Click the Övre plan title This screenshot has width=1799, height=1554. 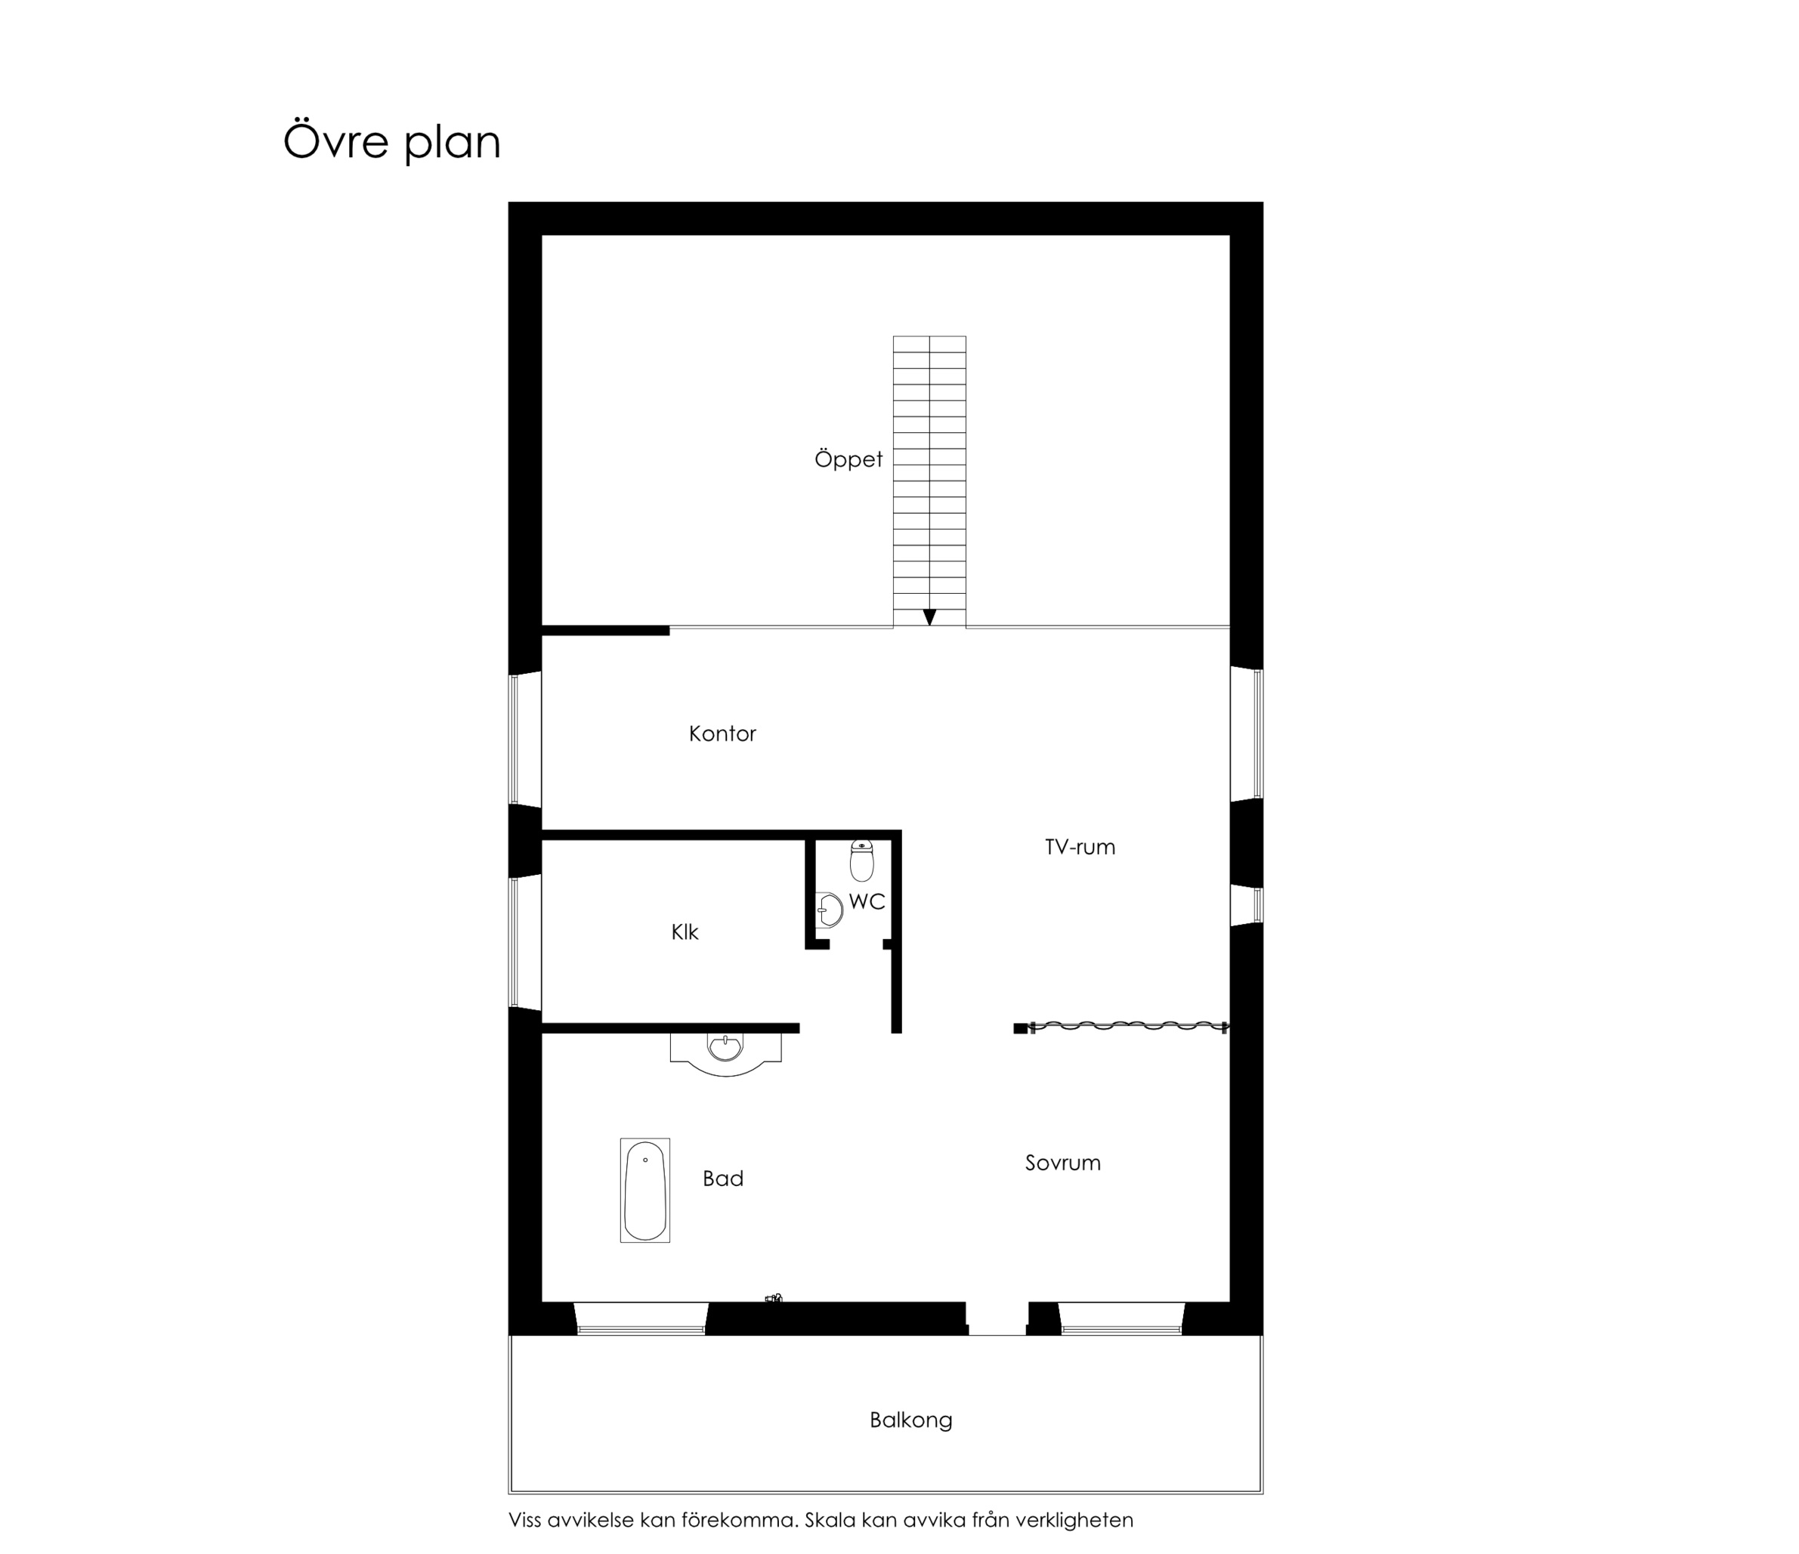(391, 141)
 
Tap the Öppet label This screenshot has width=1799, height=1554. (848, 459)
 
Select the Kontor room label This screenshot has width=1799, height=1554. (722, 734)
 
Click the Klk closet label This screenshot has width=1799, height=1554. (685, 932)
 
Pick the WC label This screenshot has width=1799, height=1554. (867, 902)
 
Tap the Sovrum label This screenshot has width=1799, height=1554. (1063, 1163)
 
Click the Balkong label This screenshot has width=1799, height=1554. (910, 1420)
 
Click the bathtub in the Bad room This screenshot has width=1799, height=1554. (645, 1191)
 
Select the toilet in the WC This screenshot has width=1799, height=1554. (861, 860)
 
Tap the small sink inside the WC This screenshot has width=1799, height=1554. (829, 910)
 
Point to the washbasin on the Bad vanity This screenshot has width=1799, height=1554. (726, 1048)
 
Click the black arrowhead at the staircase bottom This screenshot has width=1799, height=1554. (930, 617)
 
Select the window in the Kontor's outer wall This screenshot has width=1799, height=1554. (525, 738)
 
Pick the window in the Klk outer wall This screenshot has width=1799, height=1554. (525, 942)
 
